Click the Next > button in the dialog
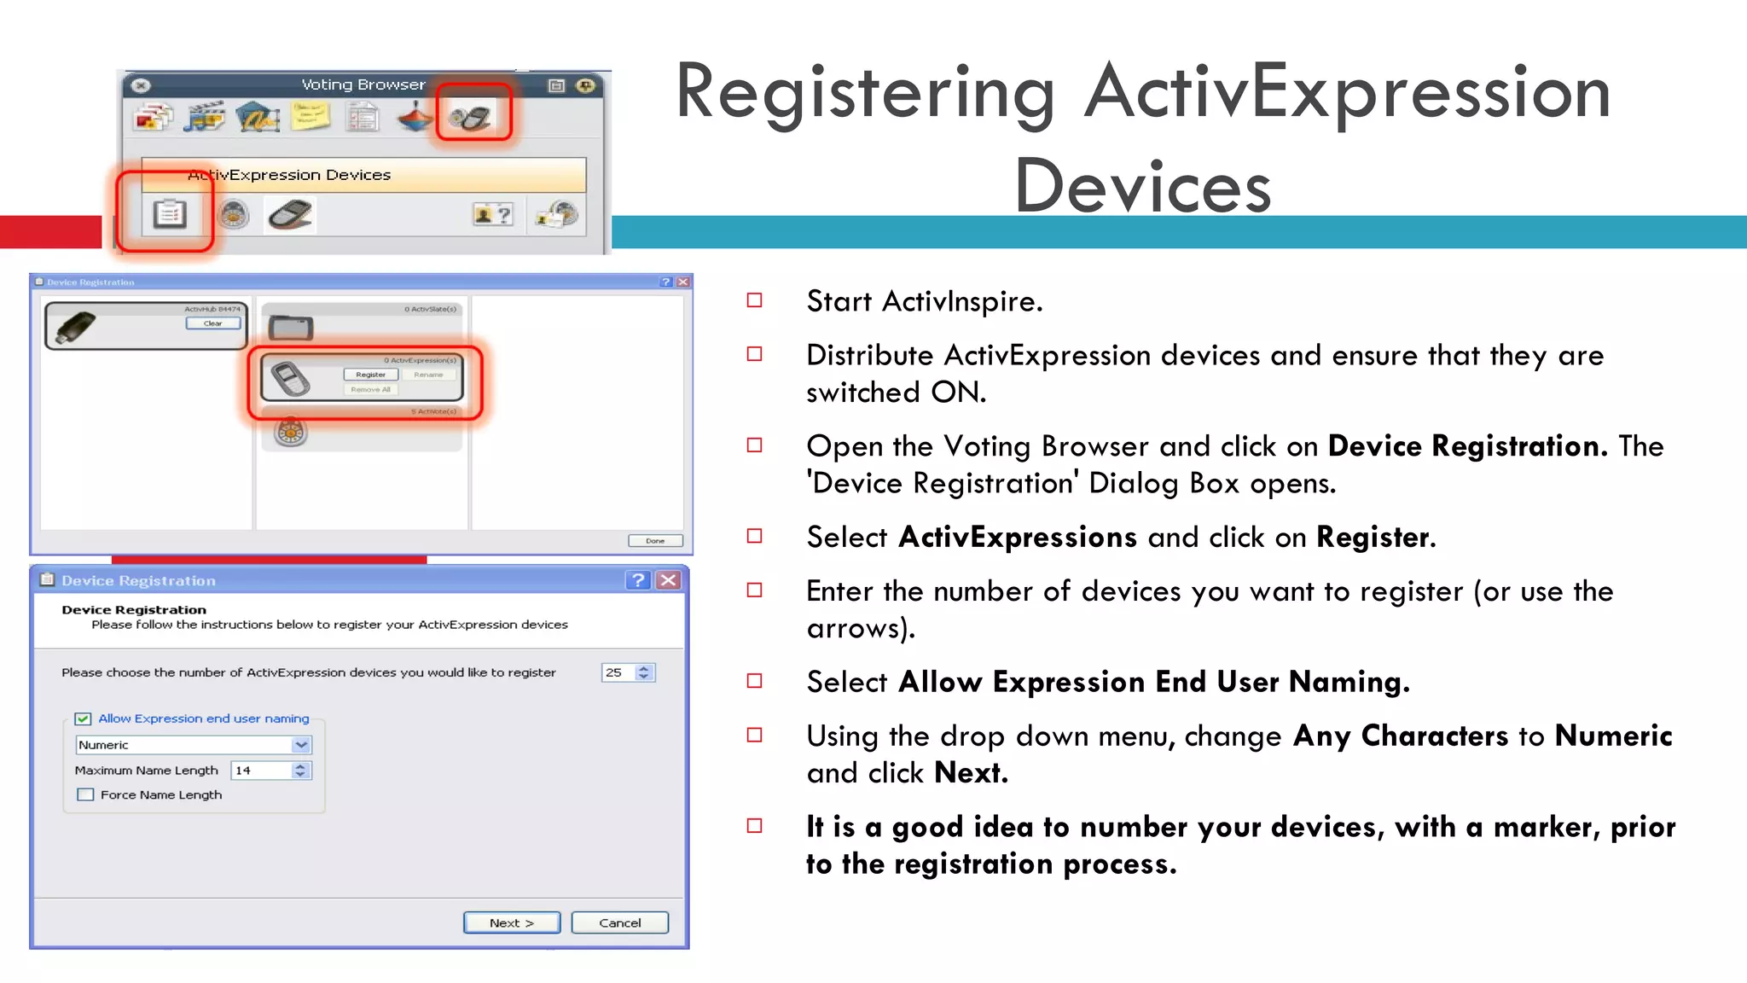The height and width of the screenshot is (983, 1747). (512, 922)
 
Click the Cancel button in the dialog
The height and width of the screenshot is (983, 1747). (619, 922)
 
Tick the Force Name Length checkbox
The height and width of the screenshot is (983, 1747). (85, 794)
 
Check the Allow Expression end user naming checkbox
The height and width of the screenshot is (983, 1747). (84, 718)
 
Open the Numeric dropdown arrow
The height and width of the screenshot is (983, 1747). (301, 745)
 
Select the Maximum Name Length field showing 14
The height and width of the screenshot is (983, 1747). (259, 771)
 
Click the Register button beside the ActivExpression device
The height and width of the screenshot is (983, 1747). (370, 375)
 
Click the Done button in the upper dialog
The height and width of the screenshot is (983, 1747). (655, 540)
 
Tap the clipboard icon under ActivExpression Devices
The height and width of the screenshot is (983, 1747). (169, 213)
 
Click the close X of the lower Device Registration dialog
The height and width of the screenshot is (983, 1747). (669, 580)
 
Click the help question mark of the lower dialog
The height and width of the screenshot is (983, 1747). (637, 580)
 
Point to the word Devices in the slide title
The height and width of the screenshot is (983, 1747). (1142, 187)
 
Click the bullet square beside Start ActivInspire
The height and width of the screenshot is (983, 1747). (754, 300)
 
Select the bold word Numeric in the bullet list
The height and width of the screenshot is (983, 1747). (1613, 736)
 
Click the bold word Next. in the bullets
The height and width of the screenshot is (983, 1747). (971, 773)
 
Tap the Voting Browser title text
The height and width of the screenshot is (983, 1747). (363, 84)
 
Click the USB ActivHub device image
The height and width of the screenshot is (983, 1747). (75, 328)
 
